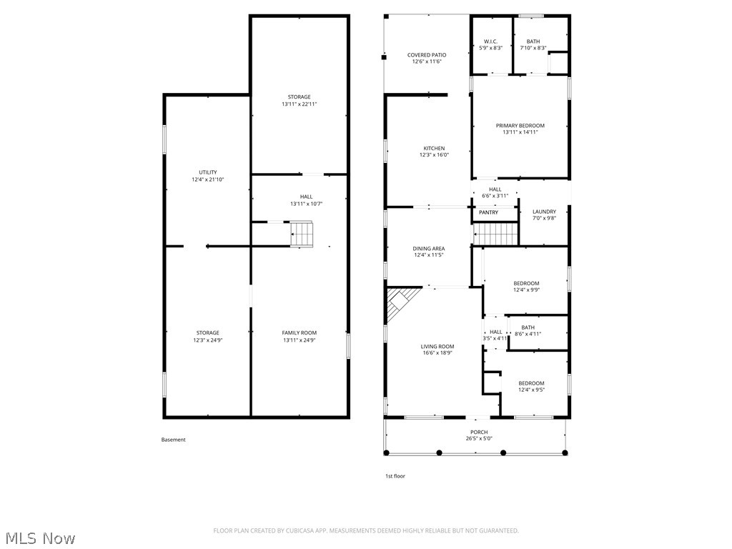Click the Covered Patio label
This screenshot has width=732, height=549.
click(427, 55)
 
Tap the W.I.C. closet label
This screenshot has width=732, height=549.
click(490, 41)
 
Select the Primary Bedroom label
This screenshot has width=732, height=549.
click(520, 126)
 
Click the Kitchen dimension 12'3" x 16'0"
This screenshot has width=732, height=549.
click(434, 155)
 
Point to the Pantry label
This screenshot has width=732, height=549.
click(488, 212)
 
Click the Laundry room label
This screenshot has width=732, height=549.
click(544, 212)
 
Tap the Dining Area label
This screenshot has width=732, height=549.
click(428, 249)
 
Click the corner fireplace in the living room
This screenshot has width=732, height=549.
click(401, 303)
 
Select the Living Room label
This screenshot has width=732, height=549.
click(437, 347)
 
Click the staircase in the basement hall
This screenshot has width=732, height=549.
click(302, 234)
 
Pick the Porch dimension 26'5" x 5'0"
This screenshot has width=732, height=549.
click(478, 439)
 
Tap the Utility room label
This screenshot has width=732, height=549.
click(207, 172)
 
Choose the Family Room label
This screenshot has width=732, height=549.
click(299, 333)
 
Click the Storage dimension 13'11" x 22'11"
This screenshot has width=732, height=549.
click(299, 104)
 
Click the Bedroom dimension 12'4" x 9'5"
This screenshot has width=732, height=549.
click(531, 390)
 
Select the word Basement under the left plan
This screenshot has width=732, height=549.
click(173, 440)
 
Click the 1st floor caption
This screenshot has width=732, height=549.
click(395, 476)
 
